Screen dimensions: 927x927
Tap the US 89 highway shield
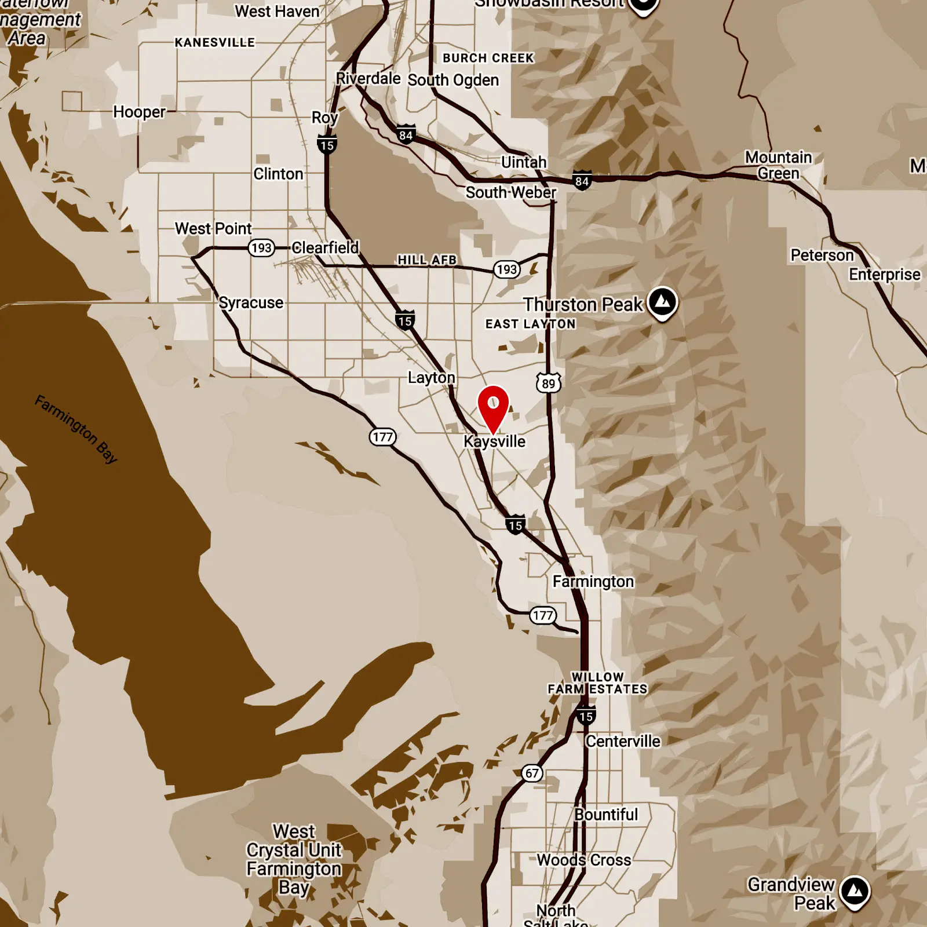[x=548, y=383]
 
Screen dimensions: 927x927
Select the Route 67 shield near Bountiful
[x=532, y=773]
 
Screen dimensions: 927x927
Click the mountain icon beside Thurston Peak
[x=663, y=302]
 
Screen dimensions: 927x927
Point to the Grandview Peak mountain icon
[x=855, y=892]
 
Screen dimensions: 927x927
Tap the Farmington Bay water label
[x=76, y=429]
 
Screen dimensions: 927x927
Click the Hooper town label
[x=139, y=112]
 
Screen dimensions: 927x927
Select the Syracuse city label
[x=251, y=302]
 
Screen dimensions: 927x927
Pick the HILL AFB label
[x=427, y=260]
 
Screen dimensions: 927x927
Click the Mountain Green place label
[x=778, y=165]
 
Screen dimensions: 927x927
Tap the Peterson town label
[x=822, y=255]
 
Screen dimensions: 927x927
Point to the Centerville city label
[x=623, y=741]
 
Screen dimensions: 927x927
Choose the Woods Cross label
[x=584, y=860]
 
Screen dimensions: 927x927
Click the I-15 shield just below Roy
[x=327, y=145]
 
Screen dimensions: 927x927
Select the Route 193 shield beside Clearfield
[x=261, y=248]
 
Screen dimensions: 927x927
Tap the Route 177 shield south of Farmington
[x=543, y=615]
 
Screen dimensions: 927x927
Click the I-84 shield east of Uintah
[x=582, y=181]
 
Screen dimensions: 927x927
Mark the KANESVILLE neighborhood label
[x=215, y=42]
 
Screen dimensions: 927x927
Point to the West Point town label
[x=213, y=228]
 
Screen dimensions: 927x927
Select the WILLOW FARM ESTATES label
[x=597, y=683]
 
